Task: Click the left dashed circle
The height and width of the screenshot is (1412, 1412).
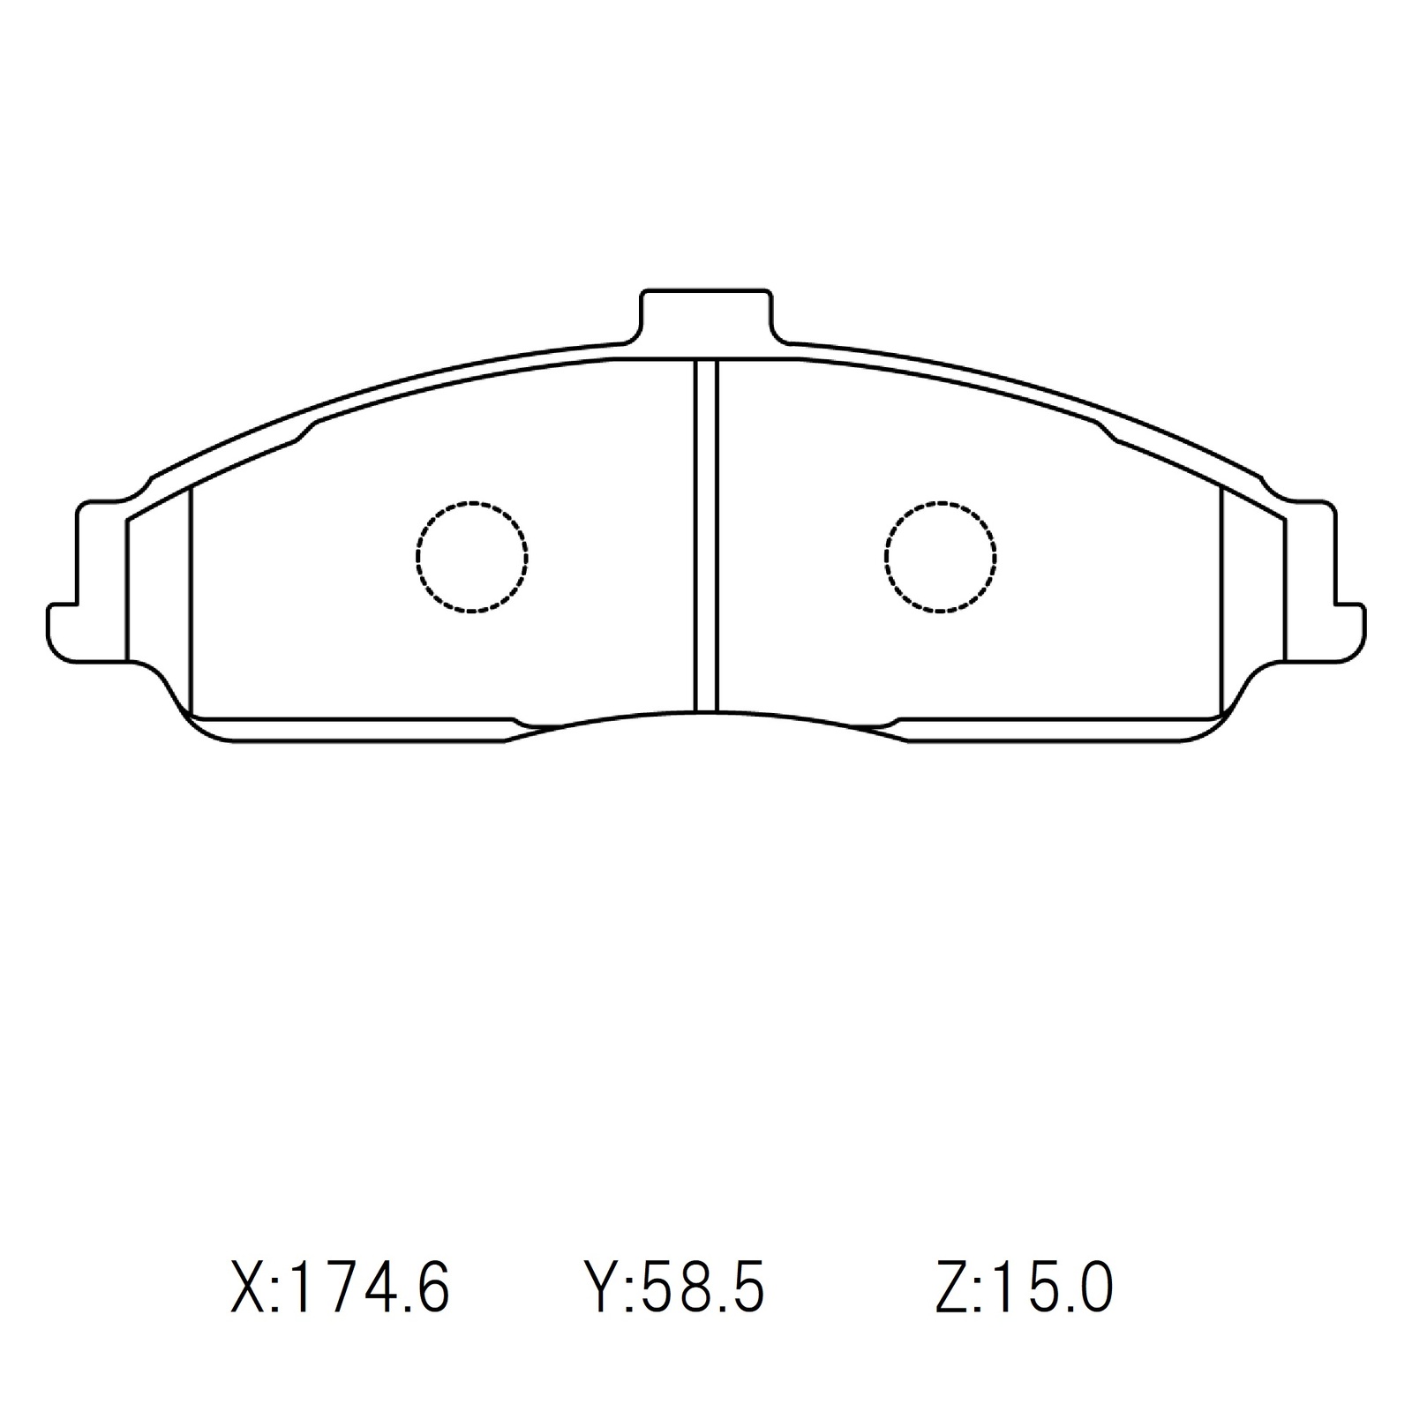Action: [471, 557]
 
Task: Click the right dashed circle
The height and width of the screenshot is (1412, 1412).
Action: [940, 557]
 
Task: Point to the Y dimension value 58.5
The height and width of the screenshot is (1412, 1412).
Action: [702, 1289]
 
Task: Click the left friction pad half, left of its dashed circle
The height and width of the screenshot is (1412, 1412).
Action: [300, 565]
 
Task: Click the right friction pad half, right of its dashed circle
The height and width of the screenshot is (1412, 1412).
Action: [1112, 565]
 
